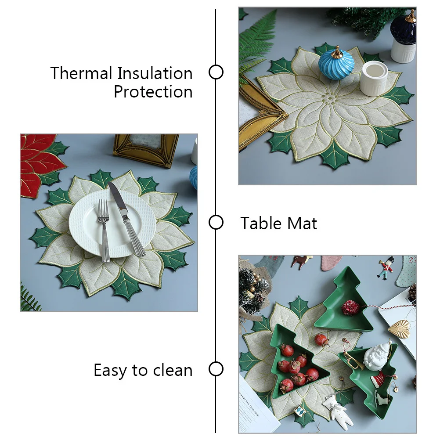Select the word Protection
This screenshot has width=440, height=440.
click(x=153, y=92)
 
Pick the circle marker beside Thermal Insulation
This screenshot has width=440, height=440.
click(x=216, y=72)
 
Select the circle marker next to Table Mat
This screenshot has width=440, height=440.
click(x=216, y=222)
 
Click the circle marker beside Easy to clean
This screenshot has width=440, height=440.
click(x=216, y=369)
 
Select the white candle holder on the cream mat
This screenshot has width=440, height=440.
click(x=374, y=78)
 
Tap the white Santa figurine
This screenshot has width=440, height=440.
click(x=378, y=357)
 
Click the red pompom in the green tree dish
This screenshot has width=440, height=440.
click(x=351, y=307)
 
